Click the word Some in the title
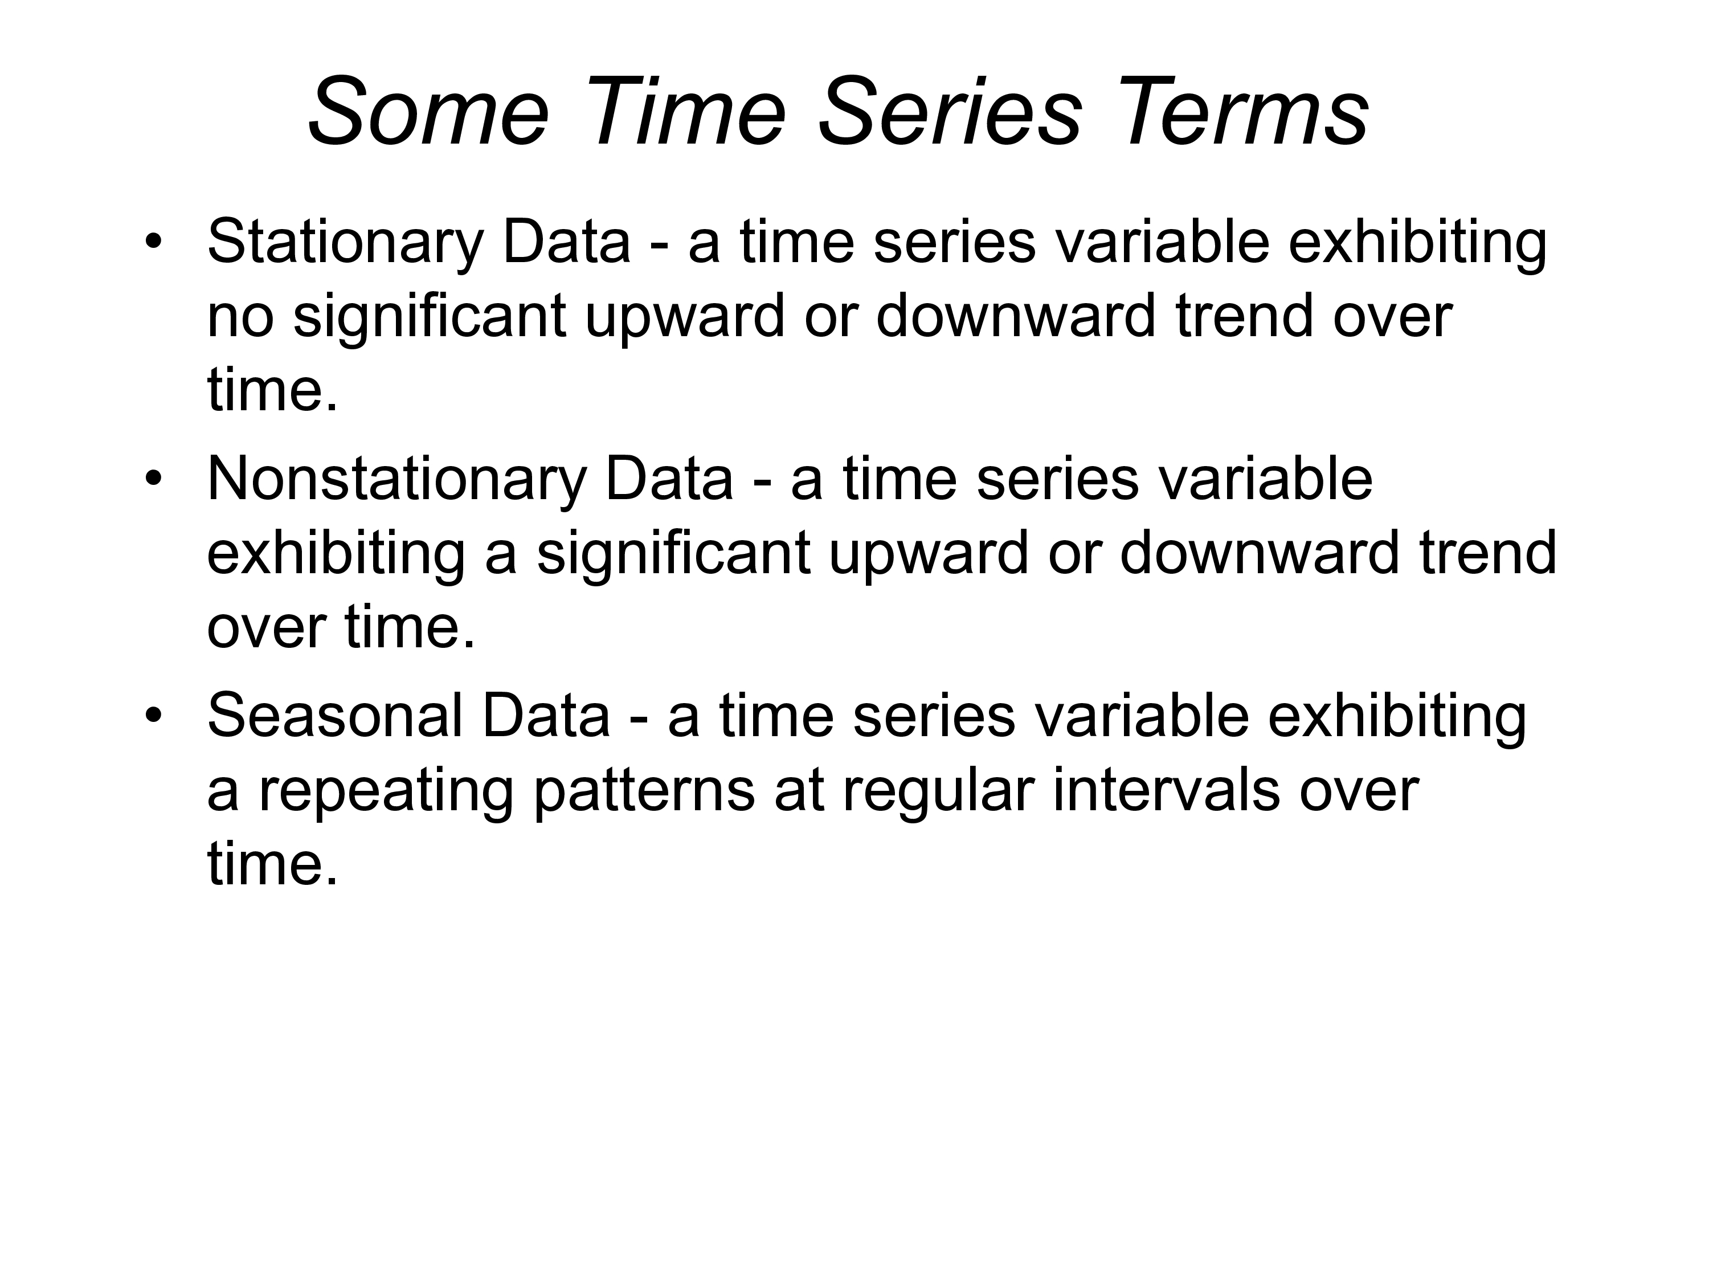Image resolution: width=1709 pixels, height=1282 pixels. point(430,111)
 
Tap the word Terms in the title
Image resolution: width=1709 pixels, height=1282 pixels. point(1244,111)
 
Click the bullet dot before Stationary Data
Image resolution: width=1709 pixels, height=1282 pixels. point(154,242)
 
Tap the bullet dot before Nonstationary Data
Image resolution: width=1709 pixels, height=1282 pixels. point(154,479)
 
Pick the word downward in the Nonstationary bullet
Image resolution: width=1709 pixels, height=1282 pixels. point(1260,553)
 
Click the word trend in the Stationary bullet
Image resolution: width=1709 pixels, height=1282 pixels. point(1244,317)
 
